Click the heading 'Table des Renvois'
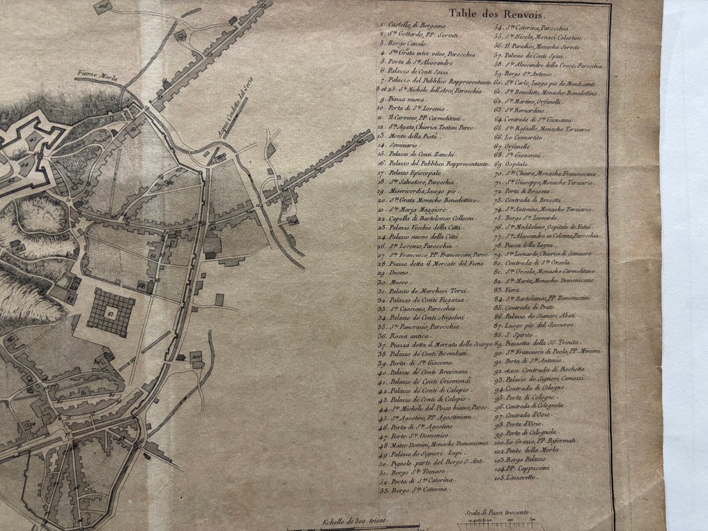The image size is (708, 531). (499, 13)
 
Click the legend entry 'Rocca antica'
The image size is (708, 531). (406, 335)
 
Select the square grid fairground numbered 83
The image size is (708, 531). (111, 313)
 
